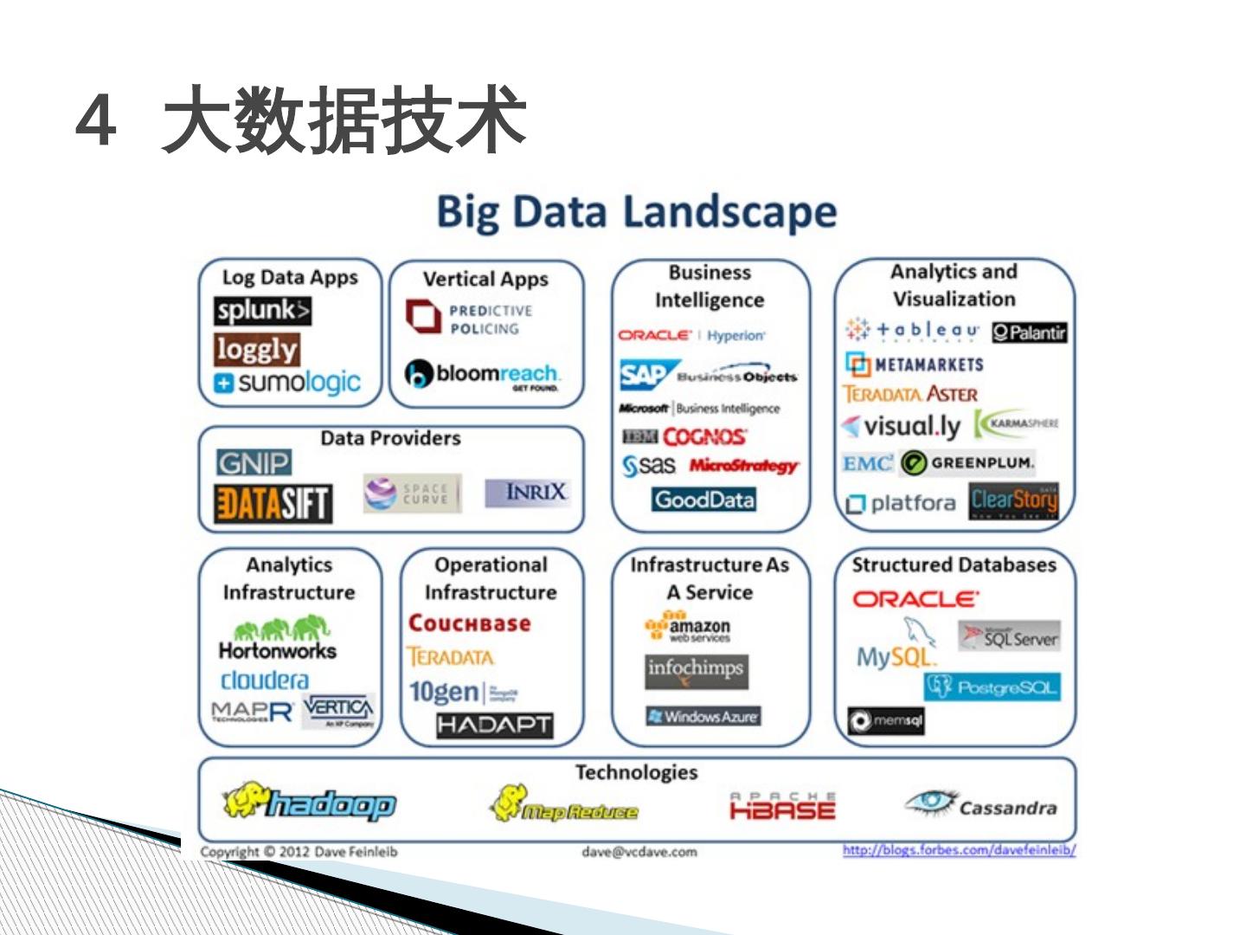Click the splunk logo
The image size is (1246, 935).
coord(262,310)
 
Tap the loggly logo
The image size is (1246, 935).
coord(257,349)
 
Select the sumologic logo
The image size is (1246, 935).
coord(287,382)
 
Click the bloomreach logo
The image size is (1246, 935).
coord(483,374)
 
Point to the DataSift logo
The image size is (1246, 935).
coord(273,504)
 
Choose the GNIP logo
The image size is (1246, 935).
coord(254,462)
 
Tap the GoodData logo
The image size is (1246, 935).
coord(704,500)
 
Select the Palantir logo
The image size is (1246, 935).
coord(1029,332)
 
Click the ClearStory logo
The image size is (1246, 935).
coord(1013,500)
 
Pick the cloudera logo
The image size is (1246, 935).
coord(264,680)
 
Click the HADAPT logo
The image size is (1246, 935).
coord(494,725)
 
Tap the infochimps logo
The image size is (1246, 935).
coord(696,670)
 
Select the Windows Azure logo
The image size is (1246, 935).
coord(703,716)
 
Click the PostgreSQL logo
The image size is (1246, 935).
coord(992,687)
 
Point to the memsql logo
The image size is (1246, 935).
coord(886,720)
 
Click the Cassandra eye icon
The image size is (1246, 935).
coord(928,802)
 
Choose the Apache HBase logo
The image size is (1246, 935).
coord(782,807)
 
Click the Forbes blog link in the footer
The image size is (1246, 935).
coord(959,850)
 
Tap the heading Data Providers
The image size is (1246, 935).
coord(390,438)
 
